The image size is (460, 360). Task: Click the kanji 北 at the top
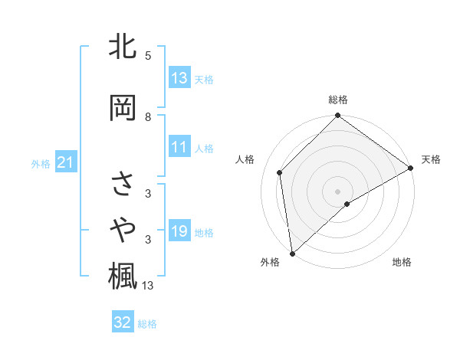click(122, 47)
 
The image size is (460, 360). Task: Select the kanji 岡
click(122, 108)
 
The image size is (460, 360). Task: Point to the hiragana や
click(122, 229)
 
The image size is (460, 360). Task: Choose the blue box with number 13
click(179, 78)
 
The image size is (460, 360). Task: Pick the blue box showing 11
click(179, 148)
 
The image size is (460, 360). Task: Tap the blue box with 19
click(179, 232)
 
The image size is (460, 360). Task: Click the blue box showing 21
click(65, 162)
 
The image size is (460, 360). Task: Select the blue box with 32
click(123, 322)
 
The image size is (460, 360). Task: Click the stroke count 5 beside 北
click(148, 56)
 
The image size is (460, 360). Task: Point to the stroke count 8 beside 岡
click(148, 116)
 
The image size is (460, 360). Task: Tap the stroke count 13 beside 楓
click(148, 286)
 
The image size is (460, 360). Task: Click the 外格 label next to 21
click(41, 163)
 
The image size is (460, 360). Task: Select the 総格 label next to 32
click(147, 323)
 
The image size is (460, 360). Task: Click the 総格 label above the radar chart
click(338, 100)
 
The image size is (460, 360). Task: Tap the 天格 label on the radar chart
click(432, 159)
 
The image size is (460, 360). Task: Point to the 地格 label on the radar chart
click(402, 263)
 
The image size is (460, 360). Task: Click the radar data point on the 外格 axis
click(292, 254)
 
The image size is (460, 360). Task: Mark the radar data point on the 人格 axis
click(280, 172)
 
